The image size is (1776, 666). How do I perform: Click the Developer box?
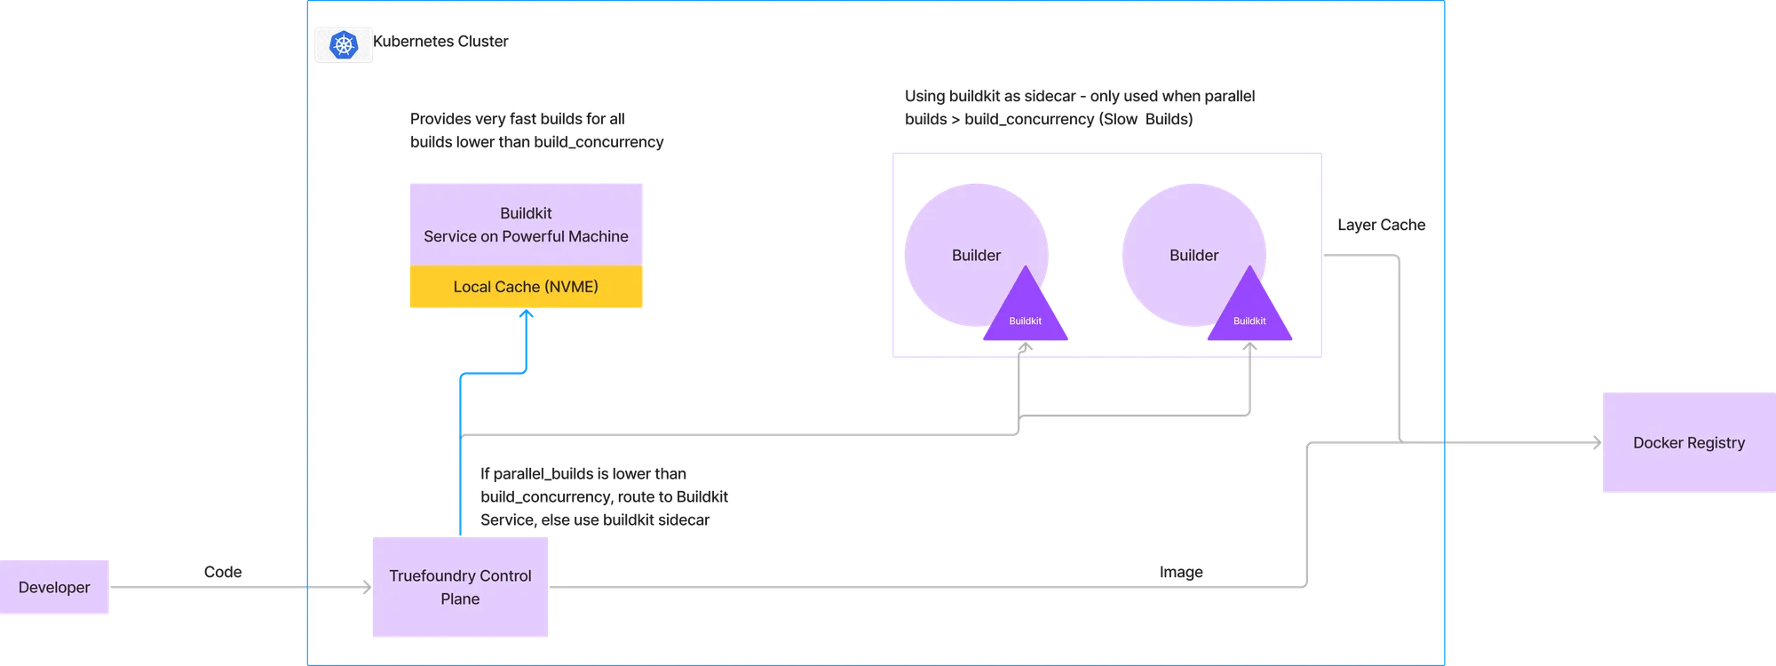click(55, 587)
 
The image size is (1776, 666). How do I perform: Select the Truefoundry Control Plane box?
click(460, 586)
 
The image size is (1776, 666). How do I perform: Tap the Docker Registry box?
click(1687, 442)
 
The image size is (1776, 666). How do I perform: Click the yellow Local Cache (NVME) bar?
click(526, 287)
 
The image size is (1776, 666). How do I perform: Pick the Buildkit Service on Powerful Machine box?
click(526, 224)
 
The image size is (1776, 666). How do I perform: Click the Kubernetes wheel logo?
click(344, 44)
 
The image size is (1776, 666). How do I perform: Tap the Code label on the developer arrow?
click(222, 572)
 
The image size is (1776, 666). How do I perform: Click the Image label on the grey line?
click(1181, 572)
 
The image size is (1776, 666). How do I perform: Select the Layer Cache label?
click(1381, 226)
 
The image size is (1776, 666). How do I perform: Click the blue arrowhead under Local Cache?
click(526, 316)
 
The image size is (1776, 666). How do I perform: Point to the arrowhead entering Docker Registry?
click(1595, 441)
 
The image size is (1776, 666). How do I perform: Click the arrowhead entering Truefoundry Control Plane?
click(364, 586)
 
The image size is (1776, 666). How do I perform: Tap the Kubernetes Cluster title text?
click(442, 41)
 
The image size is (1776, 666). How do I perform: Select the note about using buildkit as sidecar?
click(1079, 107)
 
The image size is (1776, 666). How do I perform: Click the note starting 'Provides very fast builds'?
click(535, 131)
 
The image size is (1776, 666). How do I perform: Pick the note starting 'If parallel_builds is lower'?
click(604, 496)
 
